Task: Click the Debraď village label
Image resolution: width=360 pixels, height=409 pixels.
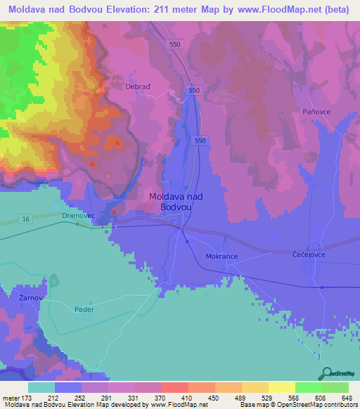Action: [x=139, y=87]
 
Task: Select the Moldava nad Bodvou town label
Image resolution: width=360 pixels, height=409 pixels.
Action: [x=176, y=202]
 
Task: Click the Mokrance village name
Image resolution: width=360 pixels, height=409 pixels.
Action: [x=222, y=257]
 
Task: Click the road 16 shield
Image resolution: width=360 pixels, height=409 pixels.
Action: [x=25, y=220]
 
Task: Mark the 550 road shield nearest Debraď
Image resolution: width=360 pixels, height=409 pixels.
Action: [x=194, y=91]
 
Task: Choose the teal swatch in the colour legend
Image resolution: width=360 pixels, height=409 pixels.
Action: [x=41, y=387]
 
